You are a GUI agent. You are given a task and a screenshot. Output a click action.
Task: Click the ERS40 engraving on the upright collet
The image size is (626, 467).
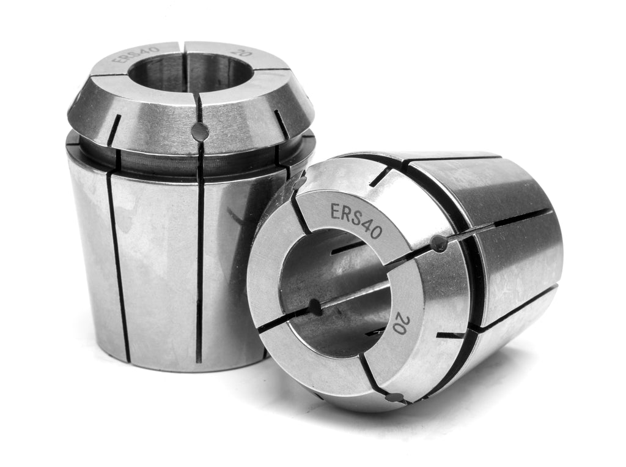(x=136, y=54)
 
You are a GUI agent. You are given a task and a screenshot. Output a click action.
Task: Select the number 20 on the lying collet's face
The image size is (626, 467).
(x=400, y=324)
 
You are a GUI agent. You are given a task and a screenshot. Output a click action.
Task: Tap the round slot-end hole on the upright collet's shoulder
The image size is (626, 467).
(x=200, y=132)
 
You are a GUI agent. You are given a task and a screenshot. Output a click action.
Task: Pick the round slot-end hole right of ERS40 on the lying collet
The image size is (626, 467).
(x=440, y=244)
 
